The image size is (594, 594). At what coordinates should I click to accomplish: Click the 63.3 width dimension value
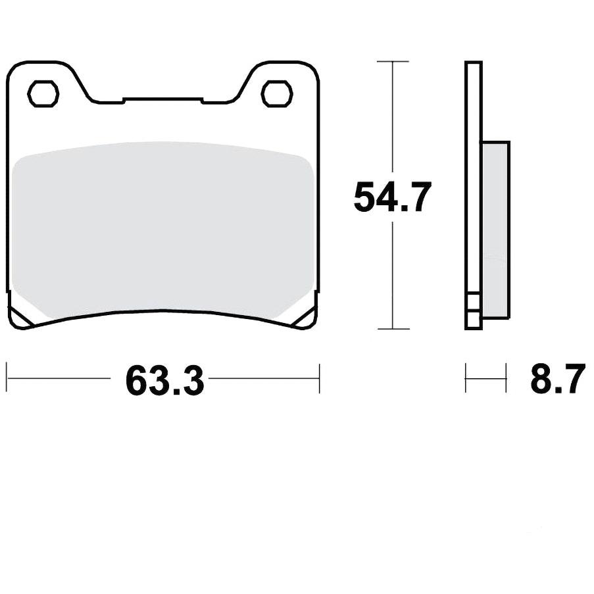(165, 380)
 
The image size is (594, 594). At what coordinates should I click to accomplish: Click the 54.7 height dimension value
(393, 197)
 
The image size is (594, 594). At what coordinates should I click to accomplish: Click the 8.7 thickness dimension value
(558, 379)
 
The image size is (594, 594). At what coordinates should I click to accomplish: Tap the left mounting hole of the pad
(43, 93)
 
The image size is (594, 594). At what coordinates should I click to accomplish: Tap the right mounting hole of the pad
(278, 93)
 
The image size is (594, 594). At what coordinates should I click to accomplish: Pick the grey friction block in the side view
(495, 229)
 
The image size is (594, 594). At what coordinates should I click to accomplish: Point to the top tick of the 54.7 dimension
(393, 61)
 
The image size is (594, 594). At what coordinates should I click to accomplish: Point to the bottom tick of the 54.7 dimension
(393, 328)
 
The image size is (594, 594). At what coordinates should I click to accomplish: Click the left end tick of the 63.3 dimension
(8, 378)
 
